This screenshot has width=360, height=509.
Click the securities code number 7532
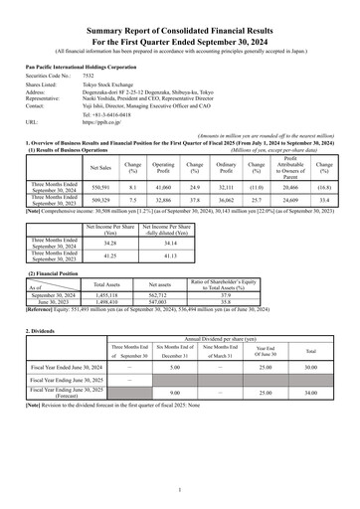point(89,76)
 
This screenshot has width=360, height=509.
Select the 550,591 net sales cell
point(100,186)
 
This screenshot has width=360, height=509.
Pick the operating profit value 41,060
point(163,186)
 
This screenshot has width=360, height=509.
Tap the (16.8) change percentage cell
point(323,186)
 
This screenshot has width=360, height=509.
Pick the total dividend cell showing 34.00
point(310,421)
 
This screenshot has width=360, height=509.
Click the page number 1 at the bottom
point(180,489)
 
